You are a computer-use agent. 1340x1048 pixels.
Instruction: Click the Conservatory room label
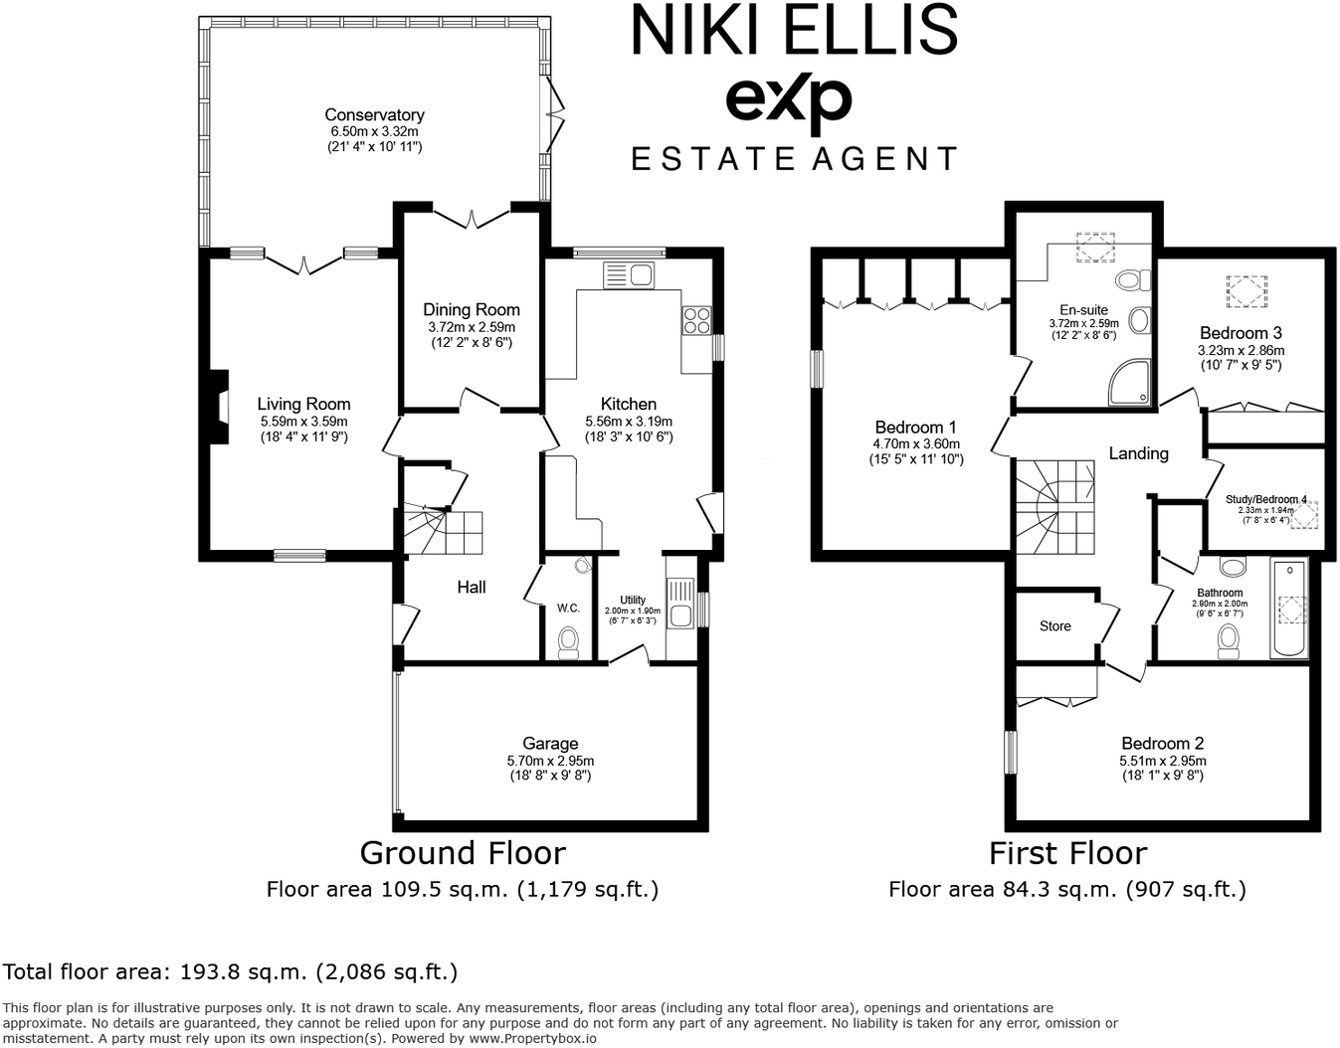click(x=374, y=115)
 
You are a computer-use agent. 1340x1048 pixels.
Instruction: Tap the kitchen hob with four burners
click(x=696, y=320)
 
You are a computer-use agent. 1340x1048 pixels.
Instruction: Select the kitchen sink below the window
click(x=628, y=273)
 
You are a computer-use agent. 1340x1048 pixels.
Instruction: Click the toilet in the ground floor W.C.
click(x=569, y=640)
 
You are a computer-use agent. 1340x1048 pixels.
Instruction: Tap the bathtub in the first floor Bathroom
click(x=1288, y=609)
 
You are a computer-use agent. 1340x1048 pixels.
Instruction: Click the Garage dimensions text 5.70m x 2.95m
click(x=550, y=761)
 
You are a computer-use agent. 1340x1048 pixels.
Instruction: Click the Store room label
click(x=1055, y=626)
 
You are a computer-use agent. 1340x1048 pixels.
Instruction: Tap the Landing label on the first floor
click(x=1138, y=453)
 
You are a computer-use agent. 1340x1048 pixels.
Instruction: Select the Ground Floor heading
click(x=463, y=853)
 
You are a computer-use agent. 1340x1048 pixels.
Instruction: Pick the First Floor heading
click(x=1067, y=853)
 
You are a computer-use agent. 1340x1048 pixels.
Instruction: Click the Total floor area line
click(x=231, y=971)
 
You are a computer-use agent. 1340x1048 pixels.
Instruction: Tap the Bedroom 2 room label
click(x=1162, y=744)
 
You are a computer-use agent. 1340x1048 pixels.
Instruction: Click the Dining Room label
click(x=471, y=310)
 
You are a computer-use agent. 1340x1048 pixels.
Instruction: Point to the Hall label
click(x=472, y=587)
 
